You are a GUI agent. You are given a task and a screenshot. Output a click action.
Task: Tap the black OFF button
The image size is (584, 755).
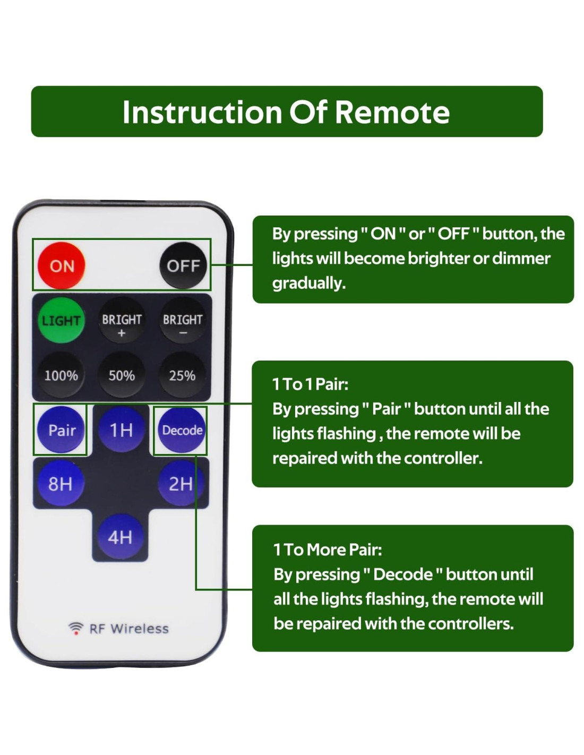(183, 265)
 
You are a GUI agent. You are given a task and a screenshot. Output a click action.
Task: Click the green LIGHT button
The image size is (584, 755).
(61, 320)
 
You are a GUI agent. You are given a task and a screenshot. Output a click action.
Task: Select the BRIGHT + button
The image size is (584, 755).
(122, 320)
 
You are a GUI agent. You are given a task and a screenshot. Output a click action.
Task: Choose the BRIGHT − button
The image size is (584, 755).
(183, 320)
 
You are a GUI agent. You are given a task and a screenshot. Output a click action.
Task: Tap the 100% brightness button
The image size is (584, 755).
(61, 374)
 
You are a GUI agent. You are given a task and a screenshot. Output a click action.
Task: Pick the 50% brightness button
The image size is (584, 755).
(122, 374)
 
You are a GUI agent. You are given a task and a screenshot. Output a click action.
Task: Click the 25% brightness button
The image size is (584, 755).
(182, 374)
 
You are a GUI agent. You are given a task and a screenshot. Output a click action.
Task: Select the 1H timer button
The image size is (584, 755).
(121, 430)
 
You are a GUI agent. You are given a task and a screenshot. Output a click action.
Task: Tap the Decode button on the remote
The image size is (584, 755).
(182, 430)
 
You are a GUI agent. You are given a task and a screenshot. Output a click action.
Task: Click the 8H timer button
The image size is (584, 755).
(61, 483)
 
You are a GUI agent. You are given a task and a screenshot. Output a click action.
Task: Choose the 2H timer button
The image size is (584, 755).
(181, 483)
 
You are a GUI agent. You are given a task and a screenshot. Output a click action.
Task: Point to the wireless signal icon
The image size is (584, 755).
(76, 628)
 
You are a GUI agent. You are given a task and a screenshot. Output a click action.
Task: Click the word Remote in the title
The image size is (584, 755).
(392, 112)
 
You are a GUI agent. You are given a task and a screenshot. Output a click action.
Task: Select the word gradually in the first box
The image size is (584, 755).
(309, 283)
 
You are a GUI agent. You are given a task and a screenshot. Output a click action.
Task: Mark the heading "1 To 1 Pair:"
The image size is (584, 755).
(310, 384)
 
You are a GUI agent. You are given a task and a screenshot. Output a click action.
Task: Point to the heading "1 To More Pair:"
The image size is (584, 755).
(328, 550)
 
